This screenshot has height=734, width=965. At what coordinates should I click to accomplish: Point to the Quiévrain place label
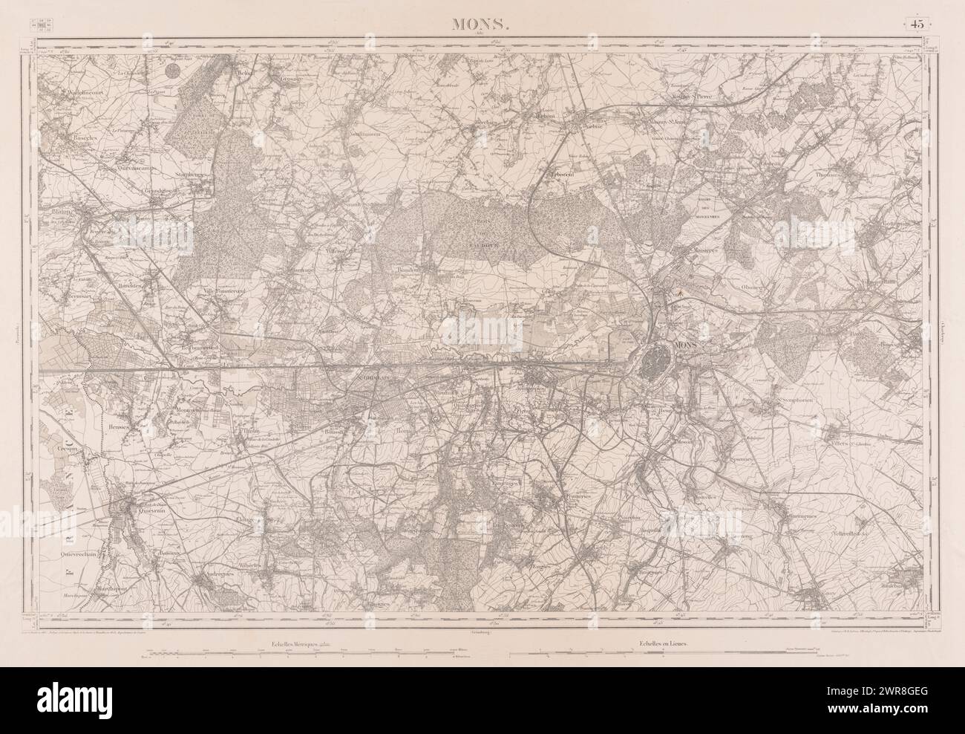(145, 510)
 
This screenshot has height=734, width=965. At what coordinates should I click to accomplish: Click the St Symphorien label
(794, 401)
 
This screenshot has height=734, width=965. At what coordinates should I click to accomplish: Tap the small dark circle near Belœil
(172, 71)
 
